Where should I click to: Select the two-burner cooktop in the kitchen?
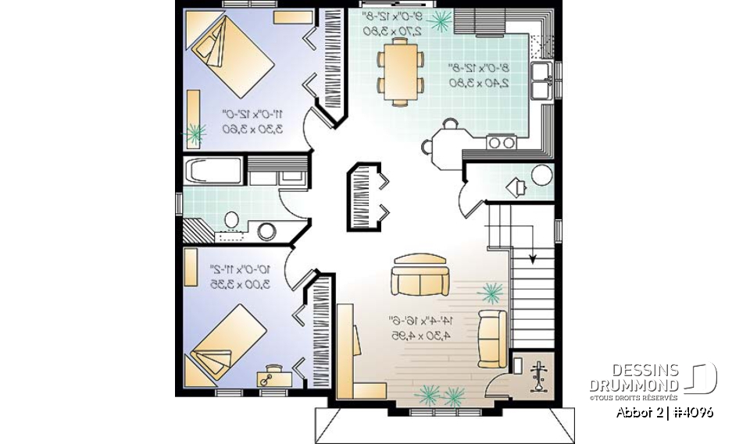coord(501,142)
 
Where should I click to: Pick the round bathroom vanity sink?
coord(267,231)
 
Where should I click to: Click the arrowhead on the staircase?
coord(533,258)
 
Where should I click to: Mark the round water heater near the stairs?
coord(541,174)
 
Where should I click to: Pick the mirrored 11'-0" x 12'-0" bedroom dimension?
coord(252,120)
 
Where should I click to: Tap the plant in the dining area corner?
coord(441,20)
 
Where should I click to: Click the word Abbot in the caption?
coord(634,412)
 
